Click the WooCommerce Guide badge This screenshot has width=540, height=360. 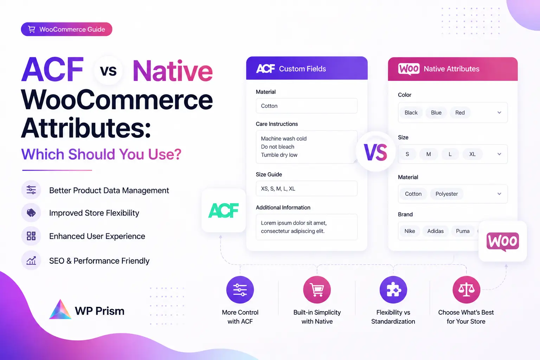[66, 29]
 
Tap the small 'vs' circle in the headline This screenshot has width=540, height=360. [108, 70]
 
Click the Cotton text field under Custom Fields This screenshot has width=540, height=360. [307, 105]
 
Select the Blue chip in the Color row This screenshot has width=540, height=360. [436, 112]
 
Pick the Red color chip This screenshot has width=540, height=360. [460, 112]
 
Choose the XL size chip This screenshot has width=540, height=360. [472, 154]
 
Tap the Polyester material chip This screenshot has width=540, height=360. [446, 194]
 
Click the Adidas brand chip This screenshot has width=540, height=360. [435, 231]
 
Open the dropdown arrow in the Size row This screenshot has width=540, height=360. [499, 154]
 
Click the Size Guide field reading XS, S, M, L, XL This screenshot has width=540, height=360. [307, 188]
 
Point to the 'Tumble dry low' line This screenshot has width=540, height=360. [279, 155]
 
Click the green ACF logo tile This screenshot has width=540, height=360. [224, 211]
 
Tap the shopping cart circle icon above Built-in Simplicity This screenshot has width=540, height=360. [317, 290]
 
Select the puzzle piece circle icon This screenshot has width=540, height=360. [393, 290]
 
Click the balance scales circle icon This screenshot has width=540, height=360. [466, 290]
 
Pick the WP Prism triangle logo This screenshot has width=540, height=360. [60, 309]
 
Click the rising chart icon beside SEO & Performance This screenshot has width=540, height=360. [31, 261]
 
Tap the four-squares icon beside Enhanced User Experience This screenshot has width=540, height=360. [31, 236]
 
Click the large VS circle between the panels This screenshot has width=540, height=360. [375, 152]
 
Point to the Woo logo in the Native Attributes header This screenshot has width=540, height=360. [409, 69]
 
